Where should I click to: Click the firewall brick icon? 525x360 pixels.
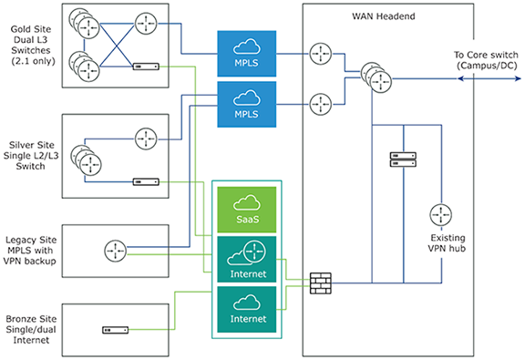pyautogui.click(x=321, y=283)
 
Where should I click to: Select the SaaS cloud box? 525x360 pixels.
pyautogui.click(x=247, y=210)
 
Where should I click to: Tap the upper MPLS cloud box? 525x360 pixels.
pyautogui.click(x=247, y=54)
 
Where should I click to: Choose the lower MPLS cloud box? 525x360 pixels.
pyautogui.click(x=247, y=104)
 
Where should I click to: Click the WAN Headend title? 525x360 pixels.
pyautogui.click(x=384, y=16)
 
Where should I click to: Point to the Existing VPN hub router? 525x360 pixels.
pyautogui.click(x=440, y=215)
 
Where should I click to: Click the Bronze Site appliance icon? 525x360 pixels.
pyautogui.click(x=115, y=330)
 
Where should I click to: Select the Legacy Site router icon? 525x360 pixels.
pyautogui.click(x=116, y=251)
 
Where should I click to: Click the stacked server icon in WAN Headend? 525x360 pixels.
pyautogui.click(x=403, y=159)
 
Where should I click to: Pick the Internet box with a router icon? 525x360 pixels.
pyautogui.click(x=247, y=259)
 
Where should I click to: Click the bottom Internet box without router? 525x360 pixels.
pyautogui.click(x=247, y=310)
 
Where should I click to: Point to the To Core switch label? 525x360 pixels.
pyautogui.click(x=486, y=60)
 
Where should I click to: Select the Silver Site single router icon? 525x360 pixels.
pyautogui.click(x=146, y=139)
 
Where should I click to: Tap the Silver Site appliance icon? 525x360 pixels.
pyautogui.click(x=146, y=182)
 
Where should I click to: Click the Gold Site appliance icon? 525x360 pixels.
pyautogui.click(x=146, y=67)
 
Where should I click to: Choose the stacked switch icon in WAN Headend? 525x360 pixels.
pyautogui.click(x=376, y=77)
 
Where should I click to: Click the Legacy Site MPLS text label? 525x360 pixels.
pyautogui.click(x=30, y=251)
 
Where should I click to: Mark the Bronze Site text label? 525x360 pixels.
pyautogui.click(x=31, y=330)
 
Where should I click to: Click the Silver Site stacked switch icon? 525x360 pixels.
pyautogui.click(x=86, y=160)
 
